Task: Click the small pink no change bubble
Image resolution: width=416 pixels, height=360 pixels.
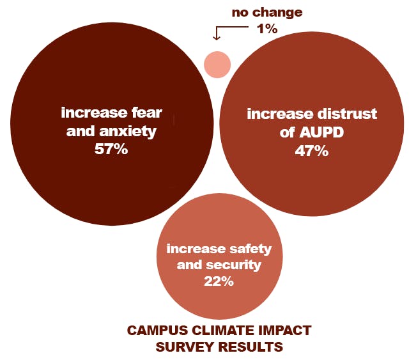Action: coord(217,64)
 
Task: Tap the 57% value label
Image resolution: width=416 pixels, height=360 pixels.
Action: coord(112,150)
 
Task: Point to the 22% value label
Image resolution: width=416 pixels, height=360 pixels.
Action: coord(219,281)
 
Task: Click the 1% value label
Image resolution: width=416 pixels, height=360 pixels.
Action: coord(267,29)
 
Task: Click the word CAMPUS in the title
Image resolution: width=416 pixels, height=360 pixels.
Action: coord(153,331)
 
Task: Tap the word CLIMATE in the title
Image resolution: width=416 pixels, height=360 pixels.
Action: coord(213,331)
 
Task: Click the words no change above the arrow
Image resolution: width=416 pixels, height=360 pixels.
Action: coord(266,12)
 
